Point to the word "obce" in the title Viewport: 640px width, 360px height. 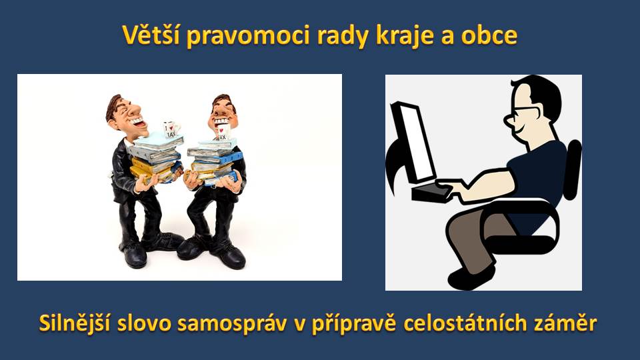coord(489,35)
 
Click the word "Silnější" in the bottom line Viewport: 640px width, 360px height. coord(74,323)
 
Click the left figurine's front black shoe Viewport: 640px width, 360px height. coord(135,255)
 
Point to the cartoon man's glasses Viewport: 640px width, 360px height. coord(521,111)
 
